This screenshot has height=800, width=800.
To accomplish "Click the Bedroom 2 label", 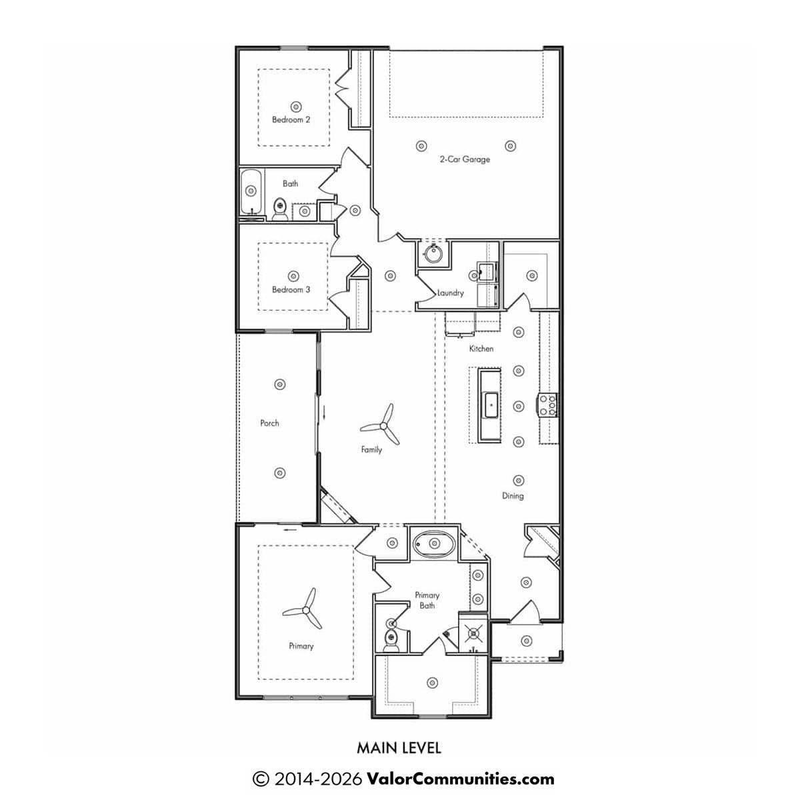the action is pos(291,119).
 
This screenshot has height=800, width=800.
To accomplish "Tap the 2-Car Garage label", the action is pos(465,159).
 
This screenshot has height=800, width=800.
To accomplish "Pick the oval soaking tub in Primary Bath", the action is pos(434,543).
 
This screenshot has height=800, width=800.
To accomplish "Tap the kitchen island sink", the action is pos(491,405).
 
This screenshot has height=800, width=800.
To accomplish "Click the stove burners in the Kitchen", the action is pos(547,405).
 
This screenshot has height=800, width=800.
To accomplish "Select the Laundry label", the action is pos(451,293).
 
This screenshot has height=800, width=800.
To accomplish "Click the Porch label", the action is pos(269,423).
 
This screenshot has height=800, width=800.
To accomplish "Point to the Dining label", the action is pos(513,496).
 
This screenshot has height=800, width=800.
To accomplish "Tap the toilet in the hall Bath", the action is pos(280,209).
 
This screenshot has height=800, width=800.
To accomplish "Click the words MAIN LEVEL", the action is pos(399,748).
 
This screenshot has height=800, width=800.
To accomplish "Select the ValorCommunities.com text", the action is pos(461,779).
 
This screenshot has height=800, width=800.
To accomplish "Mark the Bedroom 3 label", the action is pos(291,289).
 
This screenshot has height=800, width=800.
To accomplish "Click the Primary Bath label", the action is pos(427,600).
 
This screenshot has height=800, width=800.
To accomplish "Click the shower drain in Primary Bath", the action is pos(473,633).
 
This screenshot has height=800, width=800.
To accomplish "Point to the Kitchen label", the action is pos(481,349).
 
